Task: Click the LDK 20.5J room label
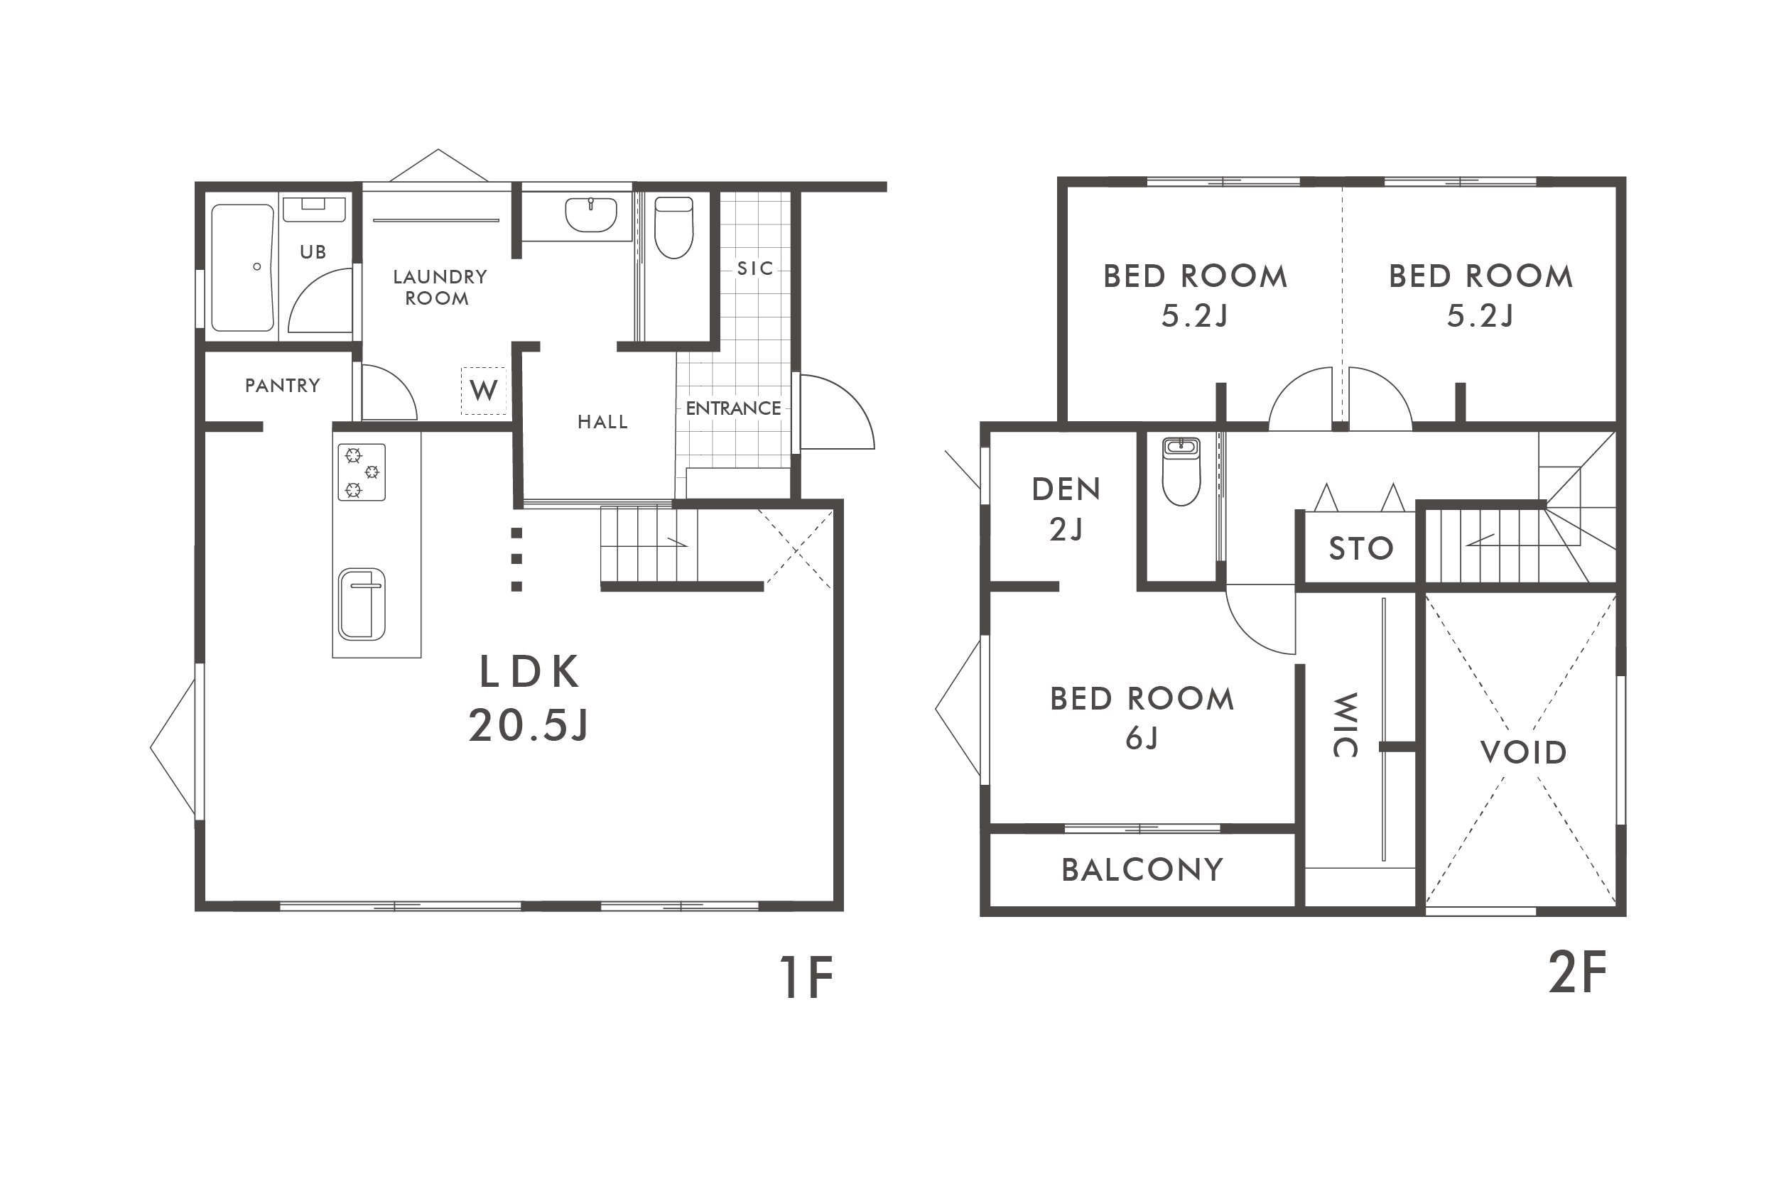[x=529, y=697]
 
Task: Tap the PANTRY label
[x=283, y=386]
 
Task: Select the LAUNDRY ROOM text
[x=440, y=288]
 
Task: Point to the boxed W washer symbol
[x=483, y=391]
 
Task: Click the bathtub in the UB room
[x=242, y=267]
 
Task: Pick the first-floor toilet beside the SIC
[x=673, y=227]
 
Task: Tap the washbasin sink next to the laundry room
[x=590, y=214]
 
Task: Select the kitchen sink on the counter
[x=362, y=604]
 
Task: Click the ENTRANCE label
[x=733, y=408]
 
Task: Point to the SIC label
[x=755, y=268]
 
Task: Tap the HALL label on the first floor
[x=602, y=422]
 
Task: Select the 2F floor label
[x=1577, y=972]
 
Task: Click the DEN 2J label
[x=1066, y=510]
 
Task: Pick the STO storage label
[x=1360, y=549]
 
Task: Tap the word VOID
[x=1523, y=753]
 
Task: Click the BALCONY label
[x=1142, y=871]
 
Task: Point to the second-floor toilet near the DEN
[x=1181, y=471]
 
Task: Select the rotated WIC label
[x=1345, y=724]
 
